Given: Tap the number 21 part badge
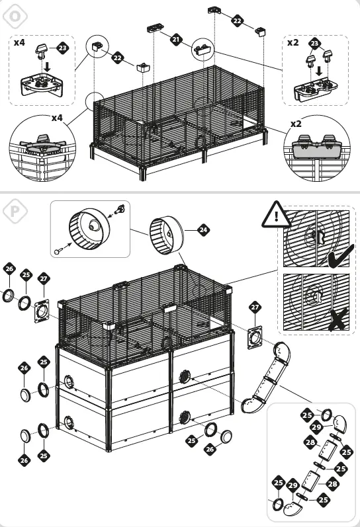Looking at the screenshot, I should tap(176, 40).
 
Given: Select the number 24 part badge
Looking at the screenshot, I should tap(203, 229).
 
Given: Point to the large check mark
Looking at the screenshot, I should tap(339, 256).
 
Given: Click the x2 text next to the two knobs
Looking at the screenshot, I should tap(293, 42).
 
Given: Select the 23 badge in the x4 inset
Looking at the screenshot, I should tap(62, 48).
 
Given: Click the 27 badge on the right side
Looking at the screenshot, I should tap(256, 308).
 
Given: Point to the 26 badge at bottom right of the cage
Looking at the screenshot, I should tap(210, 450).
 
